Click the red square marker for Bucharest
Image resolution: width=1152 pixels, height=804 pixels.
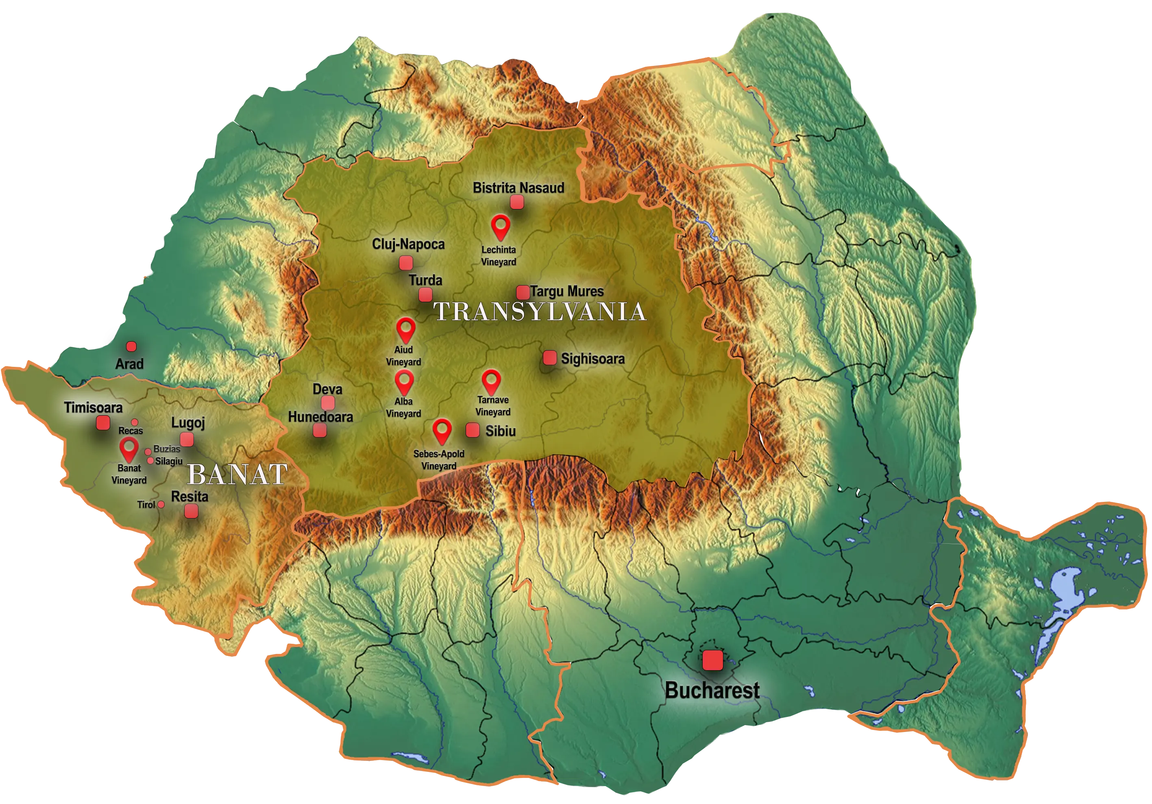(712, 660)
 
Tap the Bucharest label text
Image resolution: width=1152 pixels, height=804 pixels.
(712, 691)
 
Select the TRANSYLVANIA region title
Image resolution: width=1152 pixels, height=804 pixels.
(539, 311)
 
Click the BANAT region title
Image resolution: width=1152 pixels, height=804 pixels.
(237, 474)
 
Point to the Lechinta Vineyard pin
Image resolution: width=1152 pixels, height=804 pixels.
(500, 227)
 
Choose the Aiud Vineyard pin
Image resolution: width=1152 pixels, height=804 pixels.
(405, 329)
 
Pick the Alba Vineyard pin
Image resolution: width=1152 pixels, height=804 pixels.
(404, 382)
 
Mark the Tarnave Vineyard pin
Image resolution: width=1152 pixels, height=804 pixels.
(491, 382)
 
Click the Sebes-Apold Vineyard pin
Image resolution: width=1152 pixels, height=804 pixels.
(442, 431)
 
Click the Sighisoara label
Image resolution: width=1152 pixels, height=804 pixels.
(592, 359)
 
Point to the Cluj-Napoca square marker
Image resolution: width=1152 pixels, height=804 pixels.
(406, 262)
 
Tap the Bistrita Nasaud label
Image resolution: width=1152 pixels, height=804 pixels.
(518, 188)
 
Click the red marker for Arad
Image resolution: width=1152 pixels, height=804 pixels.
(131, 346)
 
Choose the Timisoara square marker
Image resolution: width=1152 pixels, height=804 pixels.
(103, 423)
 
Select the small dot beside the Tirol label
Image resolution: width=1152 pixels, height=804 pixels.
(161, 504)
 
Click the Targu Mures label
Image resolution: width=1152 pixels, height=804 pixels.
(567, 291)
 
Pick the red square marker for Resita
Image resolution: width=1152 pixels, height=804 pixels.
(191, 511)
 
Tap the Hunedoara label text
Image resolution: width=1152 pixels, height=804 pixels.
(320, 416)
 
